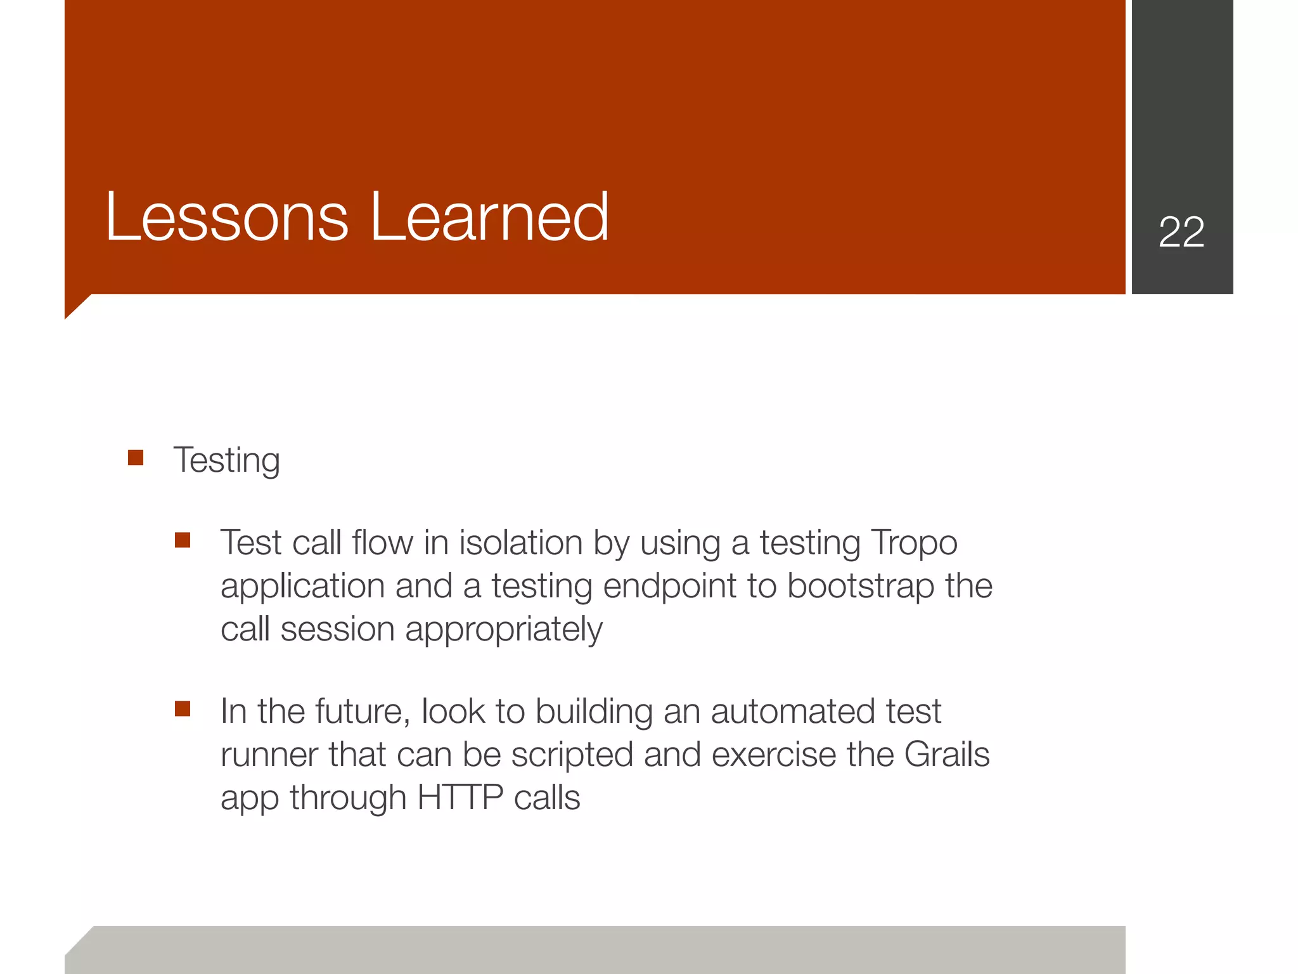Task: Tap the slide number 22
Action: pos(1181,232)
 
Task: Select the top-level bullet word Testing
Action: pos(226,460)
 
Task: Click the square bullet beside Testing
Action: pos(136,458)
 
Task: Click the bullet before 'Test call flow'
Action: pos(183,540)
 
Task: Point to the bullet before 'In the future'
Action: pos(183,709)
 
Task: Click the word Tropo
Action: pos(914,543)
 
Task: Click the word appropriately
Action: pos(504,630)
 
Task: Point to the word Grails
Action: pos(947,755)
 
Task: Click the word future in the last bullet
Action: pos(359,711)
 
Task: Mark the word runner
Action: pos(269,755)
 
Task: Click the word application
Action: pos(302,587)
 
